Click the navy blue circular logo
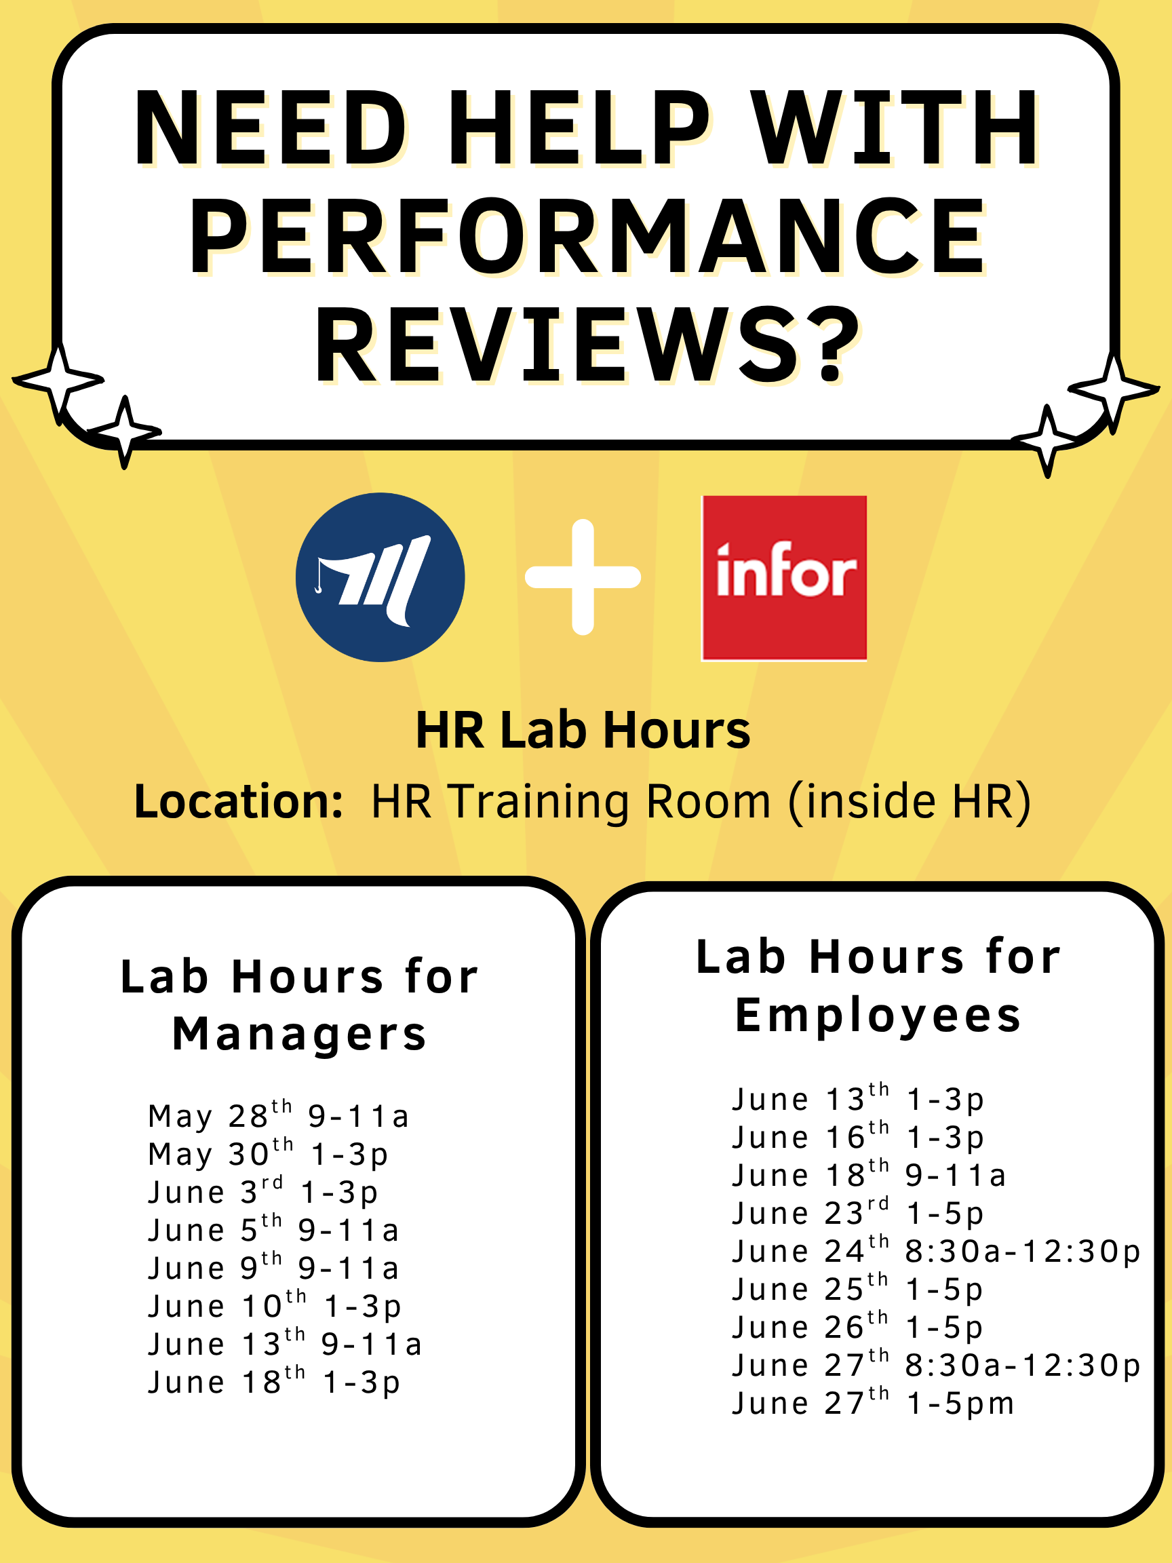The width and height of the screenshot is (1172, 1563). click(x=380, y=577)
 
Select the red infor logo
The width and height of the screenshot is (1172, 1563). click(x=783, y=578)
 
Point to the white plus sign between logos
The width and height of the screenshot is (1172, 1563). click(x=583, y=577)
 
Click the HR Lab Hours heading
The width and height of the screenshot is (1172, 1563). click(x=583, y=730)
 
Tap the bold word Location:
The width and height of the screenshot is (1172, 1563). click(x=239, y=801)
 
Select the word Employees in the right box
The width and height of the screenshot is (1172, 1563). click(x=878, y=1016)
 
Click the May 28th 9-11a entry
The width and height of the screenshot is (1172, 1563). click(x=278, y=1116)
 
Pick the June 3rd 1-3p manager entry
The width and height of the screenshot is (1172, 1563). click(x=262, y=1192)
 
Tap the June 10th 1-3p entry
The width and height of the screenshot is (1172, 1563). click(x=275, y=1306)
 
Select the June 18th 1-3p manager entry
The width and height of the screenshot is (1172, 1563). click(x=274, y=1382)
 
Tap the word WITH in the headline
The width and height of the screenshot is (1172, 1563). click(x=895, y=129)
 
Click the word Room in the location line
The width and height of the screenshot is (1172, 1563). click(x=709, y=801)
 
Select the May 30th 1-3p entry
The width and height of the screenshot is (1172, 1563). click(x=269, y=1154)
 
